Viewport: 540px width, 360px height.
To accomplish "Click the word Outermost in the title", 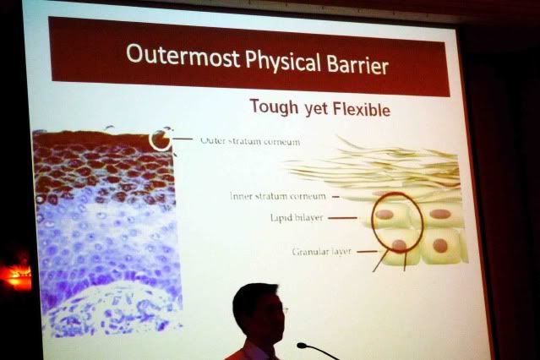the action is coord(183,56).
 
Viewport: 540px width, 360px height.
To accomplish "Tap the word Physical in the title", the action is coord(283,62).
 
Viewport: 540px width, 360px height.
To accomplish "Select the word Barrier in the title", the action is coord(357,64).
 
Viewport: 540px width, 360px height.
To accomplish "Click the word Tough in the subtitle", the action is coord(274,106).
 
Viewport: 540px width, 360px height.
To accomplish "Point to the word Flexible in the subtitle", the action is coord(362,109).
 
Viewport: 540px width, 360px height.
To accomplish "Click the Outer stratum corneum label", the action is coord(250,141).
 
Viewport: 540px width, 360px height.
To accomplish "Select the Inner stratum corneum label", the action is coord(277,196).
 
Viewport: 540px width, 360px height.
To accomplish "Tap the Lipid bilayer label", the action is coord(297,218).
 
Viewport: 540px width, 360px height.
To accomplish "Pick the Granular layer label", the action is coord(322,252).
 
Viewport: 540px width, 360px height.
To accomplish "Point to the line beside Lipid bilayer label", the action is coord(342,218).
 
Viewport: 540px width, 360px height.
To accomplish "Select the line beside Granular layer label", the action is coord(367,252).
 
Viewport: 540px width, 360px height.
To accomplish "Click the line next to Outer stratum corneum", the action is coord(183,139).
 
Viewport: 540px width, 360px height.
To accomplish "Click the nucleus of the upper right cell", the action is coord(440,214).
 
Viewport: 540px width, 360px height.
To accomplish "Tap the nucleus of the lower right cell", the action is coord(440,246).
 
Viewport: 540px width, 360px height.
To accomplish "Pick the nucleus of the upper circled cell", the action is coord(385,215).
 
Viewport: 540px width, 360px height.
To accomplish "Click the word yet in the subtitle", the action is coord(316,108).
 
